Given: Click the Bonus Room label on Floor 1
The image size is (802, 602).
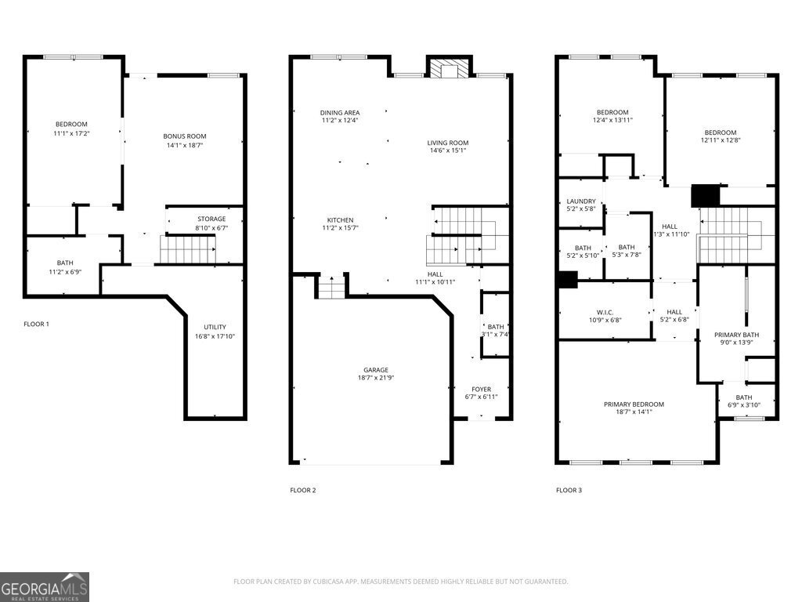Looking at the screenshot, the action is tap(185, 136).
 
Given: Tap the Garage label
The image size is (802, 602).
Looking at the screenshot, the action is tap(376, 370).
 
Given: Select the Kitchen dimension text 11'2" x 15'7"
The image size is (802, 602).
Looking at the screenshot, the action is tap(340, 228).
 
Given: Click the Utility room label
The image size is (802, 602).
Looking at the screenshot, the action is tap(215, 327).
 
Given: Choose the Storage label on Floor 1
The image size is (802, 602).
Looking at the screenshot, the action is tap(211, 219).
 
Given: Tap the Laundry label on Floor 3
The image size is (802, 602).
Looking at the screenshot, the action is tap(581, 201).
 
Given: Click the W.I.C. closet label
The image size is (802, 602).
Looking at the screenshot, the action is tap(605, 312).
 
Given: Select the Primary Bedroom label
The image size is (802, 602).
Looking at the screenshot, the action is tap(634, 404).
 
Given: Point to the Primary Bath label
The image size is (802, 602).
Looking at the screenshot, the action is tap(736, 335).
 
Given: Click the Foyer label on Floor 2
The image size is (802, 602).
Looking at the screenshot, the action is tap(482, 389).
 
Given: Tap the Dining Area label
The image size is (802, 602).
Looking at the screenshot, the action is tap(340, 113).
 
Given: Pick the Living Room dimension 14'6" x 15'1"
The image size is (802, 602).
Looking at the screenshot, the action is tap(448, 150).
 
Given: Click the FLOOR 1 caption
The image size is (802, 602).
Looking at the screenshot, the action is tap(36, 324).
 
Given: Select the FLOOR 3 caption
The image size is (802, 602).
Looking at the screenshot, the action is tap(569, 491).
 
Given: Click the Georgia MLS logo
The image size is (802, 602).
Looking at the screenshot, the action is tap(45, 587).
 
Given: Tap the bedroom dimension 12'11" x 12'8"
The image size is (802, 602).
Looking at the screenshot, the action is tap(721, 140).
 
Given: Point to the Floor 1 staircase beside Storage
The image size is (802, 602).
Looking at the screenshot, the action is tap(188, 249).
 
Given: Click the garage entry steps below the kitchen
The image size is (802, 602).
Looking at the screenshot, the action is tap(331, 287).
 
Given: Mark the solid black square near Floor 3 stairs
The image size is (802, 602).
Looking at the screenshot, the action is tap(706, 196).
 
